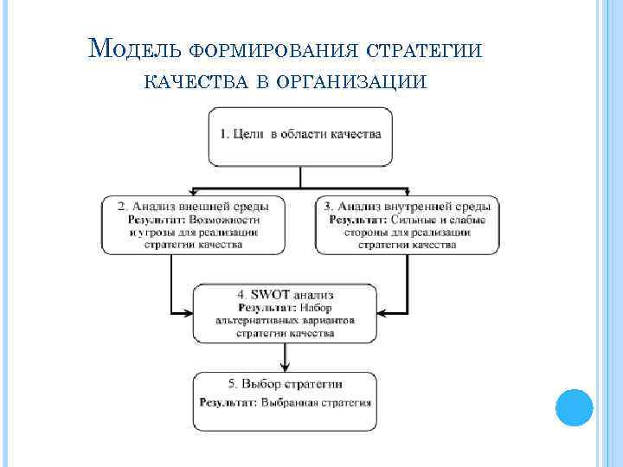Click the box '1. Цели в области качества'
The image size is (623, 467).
coord(300,136)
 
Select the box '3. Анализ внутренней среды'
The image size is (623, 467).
coord(408,226)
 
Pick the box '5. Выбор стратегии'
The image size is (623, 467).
coord(285,401)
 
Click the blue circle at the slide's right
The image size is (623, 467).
coord(572,406)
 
